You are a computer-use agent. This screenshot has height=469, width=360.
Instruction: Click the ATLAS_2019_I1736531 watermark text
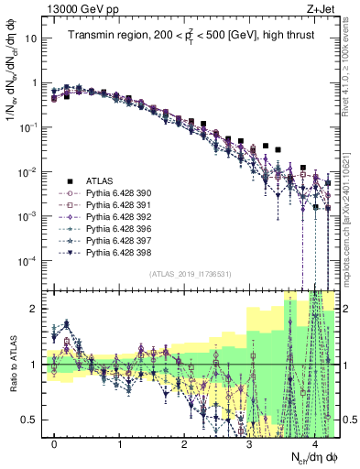191,274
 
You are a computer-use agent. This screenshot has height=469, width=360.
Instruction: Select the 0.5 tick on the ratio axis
31,420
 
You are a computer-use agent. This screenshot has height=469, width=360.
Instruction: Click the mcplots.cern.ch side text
352,220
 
